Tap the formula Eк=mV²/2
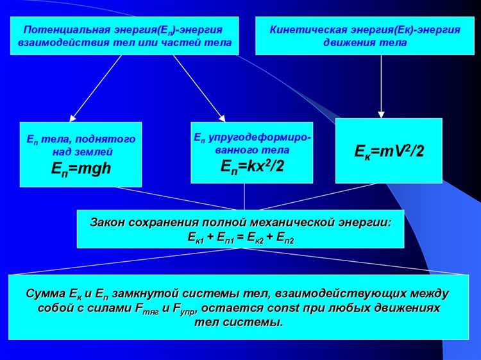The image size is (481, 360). click(x=389, y=151)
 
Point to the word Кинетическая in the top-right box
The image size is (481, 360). click(x=305, y=30)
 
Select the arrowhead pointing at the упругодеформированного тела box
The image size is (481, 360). click(x=221, y=117)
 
